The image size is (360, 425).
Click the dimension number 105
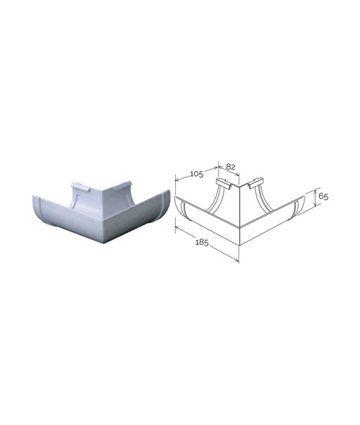[197, 174]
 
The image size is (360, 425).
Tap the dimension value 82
[231, 167]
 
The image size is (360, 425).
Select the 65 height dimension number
[323, 196]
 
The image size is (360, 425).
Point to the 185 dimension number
[202, 242]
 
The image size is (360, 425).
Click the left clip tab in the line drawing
[223, 183]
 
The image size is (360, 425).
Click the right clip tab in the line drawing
[255, 183]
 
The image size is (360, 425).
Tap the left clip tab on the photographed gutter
[80, 186]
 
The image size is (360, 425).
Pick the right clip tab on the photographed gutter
[123, 185]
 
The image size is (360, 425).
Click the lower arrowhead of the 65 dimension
[315, 205]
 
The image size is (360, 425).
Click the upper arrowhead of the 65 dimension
[315, 191]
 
